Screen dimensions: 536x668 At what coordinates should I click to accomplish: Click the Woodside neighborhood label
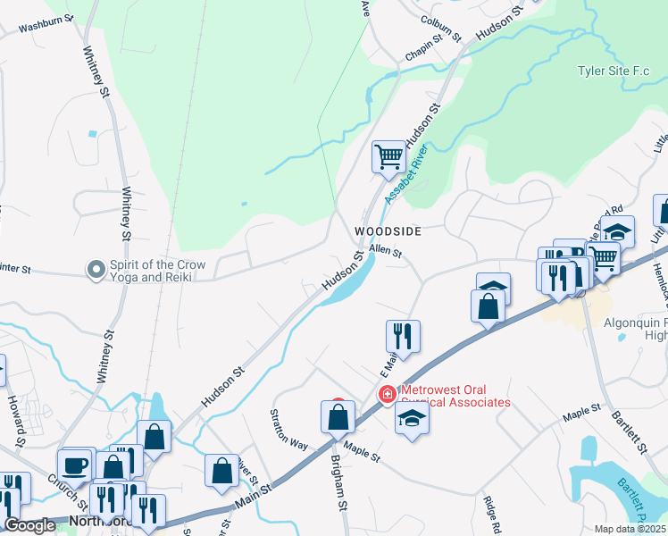(x=387, y=230)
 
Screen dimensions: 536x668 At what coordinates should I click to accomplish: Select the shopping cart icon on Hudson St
(x=389, y=157)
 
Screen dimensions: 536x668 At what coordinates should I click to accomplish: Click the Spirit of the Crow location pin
(x=96, y=268)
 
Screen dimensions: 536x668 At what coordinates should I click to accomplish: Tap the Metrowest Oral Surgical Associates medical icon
(x=388, y=394)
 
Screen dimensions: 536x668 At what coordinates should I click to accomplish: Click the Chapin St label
(x=426, y=45)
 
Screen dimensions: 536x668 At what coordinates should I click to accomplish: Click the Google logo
(x=29, y=526)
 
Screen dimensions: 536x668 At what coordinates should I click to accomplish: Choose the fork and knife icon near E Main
(x=403, y=336)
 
